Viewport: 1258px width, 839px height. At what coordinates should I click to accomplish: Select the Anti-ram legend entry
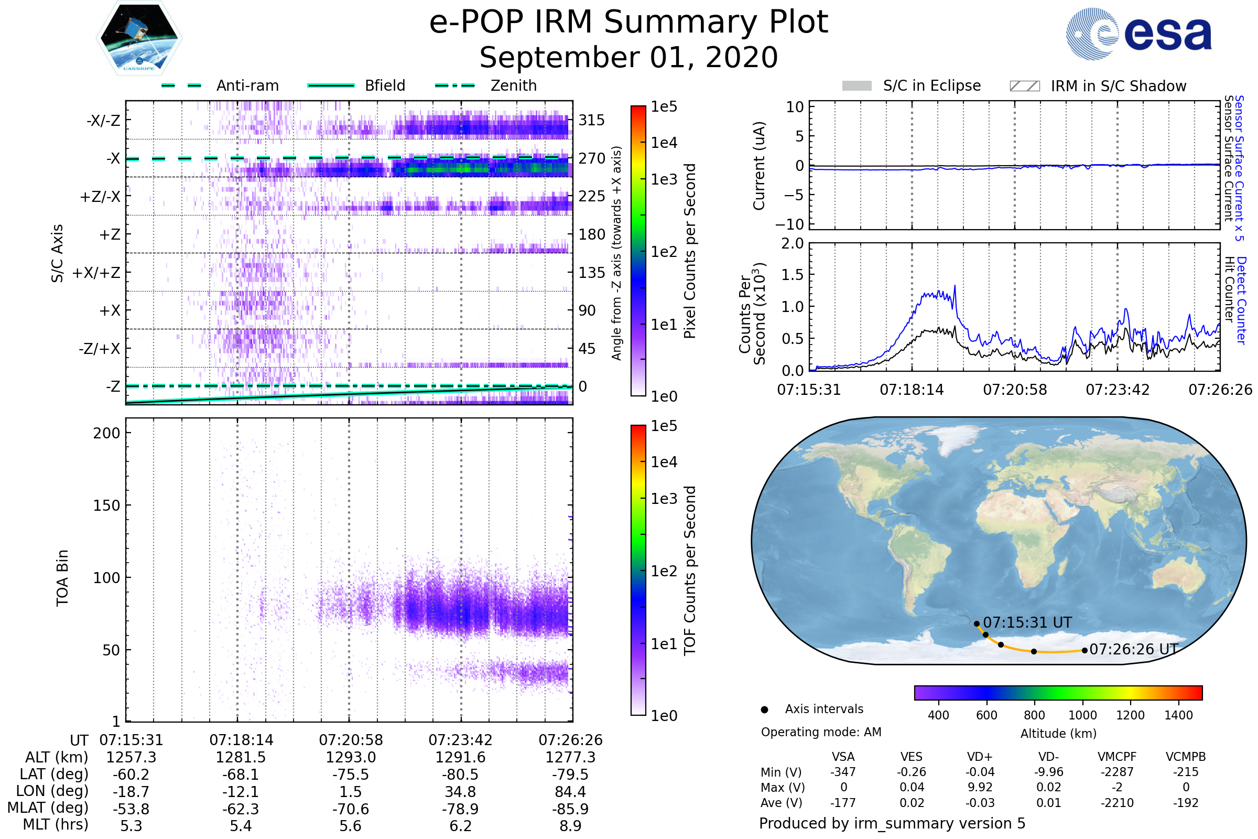click(247, 85)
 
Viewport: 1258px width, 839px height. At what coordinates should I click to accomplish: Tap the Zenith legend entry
click(513, 85)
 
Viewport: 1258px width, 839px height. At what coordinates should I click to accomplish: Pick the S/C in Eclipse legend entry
click(931, 85)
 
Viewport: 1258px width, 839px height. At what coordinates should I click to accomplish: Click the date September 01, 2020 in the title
click(628, 58)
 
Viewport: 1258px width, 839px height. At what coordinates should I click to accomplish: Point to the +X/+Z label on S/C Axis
click(96, 273)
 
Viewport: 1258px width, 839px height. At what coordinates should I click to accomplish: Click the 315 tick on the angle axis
click(592, 121)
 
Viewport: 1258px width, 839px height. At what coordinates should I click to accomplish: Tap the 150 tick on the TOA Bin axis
click(106, 505)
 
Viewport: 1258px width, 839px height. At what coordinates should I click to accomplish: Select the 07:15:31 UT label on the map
click(1027, 623)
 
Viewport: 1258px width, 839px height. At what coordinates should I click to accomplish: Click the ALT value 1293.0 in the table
click(351, 758)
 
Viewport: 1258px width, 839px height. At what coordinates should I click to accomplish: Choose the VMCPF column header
click(1117, 757)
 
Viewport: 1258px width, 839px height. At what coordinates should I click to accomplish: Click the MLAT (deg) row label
click(48, 809)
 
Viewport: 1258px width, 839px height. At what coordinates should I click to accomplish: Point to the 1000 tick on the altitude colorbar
click(1082, 715)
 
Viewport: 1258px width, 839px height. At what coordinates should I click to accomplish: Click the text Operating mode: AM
click(821, 732)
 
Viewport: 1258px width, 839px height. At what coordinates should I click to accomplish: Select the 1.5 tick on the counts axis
click(793, 275)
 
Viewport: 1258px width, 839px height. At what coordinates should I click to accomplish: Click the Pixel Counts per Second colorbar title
click(690, 251)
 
